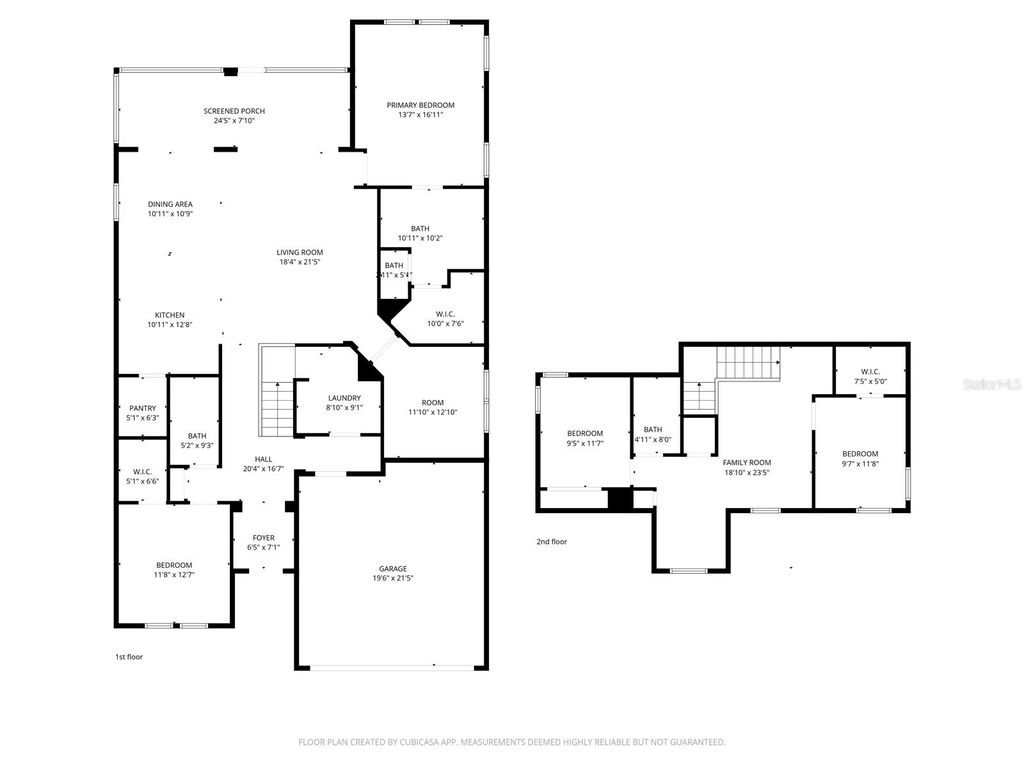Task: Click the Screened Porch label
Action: [x=234, y=111]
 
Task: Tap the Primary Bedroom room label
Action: [x=421, y=105]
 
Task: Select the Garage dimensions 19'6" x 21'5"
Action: [x=392, y=578]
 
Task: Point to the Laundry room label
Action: [x=343, y=398]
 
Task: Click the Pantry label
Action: [x=143, y=408]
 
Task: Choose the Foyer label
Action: [x=264, y=538]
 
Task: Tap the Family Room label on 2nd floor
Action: [x=747, y=462]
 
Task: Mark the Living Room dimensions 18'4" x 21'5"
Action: [x=300, y=262]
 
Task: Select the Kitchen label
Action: [x=169, y=315]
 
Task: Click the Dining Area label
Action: [x=170, y=204]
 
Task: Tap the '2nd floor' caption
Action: [x=551, y=542]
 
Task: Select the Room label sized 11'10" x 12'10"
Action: [x=432, y=402]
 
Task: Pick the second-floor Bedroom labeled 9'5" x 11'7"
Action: [x=585, y=433]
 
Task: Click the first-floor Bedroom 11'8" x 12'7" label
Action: [x=174, y=565]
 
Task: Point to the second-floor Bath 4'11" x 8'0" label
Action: [x=653, y=429]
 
